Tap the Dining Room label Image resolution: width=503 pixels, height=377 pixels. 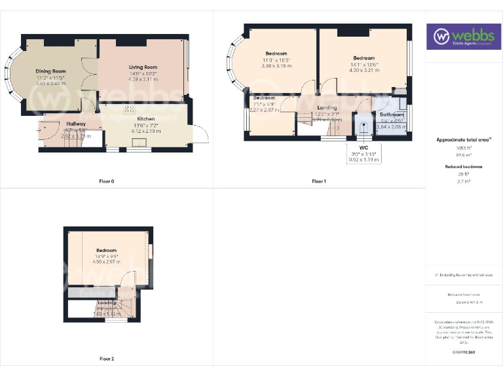[x=50, y=71]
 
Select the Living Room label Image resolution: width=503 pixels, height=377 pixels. [x=141, y=67]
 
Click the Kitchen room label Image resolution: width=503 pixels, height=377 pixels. [x=145, y=119]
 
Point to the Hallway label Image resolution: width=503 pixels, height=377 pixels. [x=76, y=124]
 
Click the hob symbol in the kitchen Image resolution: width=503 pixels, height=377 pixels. [x=130, y=109]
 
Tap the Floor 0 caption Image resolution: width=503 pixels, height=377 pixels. [x=106, y=181]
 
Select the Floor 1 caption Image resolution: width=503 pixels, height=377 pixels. [x=319, y=181]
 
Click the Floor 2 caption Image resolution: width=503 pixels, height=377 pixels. [x=106, y=359]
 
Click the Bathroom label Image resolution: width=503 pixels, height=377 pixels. [x=392, y=115]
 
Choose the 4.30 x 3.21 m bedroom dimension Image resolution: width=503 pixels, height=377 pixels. [x=363, y=70]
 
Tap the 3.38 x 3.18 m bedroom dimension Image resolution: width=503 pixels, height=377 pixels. [x=276, y=65]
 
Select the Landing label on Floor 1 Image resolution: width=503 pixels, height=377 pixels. [x=326, y=108]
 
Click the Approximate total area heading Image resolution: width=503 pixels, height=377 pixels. [x=463, y=139]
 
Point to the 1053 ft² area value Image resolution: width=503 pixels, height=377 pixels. [x=463, y=149]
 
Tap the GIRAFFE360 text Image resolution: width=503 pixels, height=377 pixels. [x=463, y=353]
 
